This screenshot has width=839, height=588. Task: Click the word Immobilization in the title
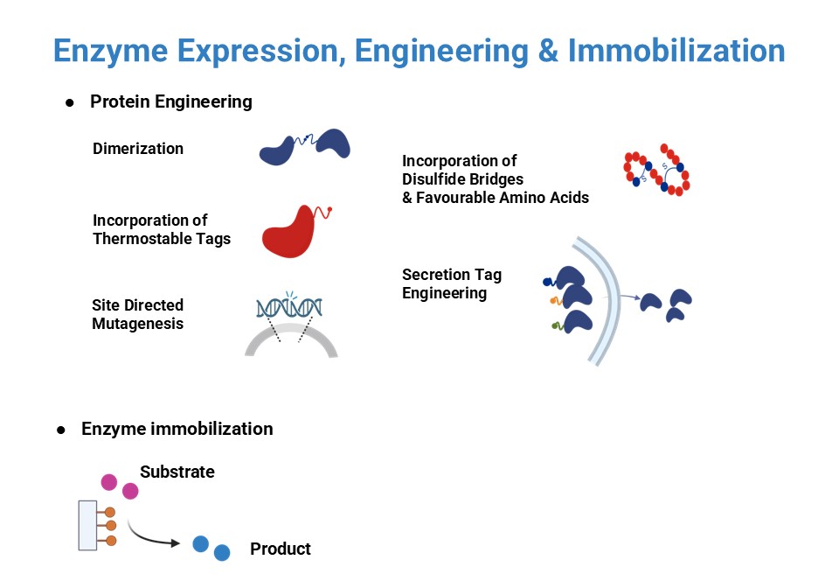(676, 51)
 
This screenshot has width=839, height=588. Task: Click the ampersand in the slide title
(547, 51)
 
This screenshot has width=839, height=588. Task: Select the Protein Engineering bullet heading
(170, 101)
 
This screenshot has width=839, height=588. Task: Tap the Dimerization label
(138, 149)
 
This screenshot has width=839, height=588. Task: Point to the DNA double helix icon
(289, 307)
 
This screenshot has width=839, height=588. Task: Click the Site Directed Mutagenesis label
(137, 314)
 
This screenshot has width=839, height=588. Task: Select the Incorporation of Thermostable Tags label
(162, 229)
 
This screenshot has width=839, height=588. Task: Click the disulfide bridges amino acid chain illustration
(656, 170)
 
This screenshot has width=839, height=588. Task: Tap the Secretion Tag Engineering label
(451, 283)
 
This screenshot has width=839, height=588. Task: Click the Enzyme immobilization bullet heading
(177, 429)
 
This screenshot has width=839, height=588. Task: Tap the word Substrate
(177, 472)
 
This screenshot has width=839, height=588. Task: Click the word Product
(281, 549)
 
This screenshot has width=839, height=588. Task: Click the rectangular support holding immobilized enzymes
(87, 525)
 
